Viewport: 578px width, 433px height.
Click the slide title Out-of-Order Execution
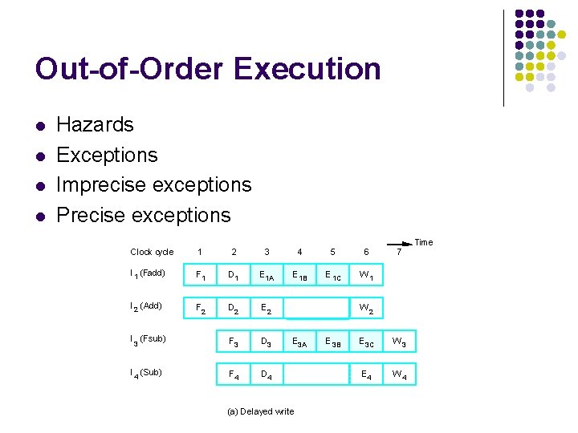point(208,69)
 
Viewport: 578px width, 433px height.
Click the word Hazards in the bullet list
point(95,124)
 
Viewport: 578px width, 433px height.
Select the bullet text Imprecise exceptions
point(153,184)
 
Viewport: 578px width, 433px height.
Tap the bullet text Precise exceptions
point(143,215)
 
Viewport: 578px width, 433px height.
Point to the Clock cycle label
point(152,252)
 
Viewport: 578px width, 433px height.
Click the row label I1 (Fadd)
point(148,274)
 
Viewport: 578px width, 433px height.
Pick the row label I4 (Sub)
point(146,372)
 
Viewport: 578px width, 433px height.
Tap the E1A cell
point(267,277)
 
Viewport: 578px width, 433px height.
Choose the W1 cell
point(366,277)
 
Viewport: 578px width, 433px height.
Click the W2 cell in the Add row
point(366,308)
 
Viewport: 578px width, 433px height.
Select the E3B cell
point(332,342)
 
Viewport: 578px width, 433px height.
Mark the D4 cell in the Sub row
point(267,374)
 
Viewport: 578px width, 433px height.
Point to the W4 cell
point(399,374)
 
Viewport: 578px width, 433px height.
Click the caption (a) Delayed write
point(260,411)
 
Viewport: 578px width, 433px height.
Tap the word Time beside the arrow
point(423,242)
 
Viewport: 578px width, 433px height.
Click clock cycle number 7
point(399,252)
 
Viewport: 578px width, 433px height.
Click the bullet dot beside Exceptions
point(39,155)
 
